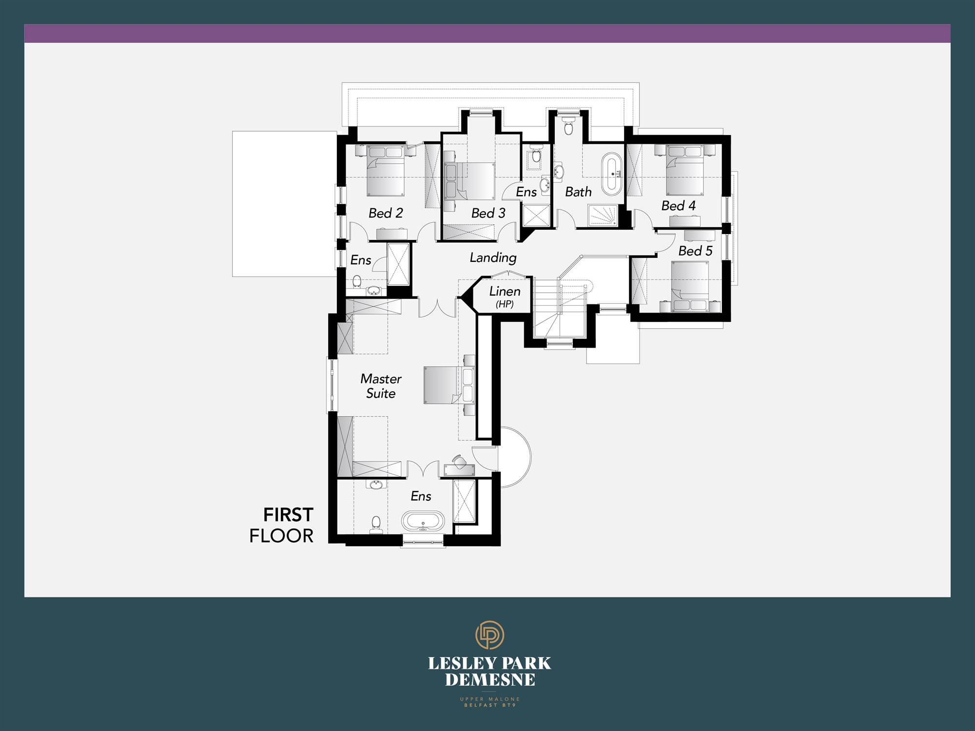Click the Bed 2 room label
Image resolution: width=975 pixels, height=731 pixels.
[x=386, y=213]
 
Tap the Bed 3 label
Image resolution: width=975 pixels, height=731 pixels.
[x=488, y=213]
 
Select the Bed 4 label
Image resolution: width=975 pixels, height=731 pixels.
[x=678, y=206]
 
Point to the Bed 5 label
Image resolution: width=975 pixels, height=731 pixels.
[x=695, y=251]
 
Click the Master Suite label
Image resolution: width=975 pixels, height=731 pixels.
[x=381, y=386]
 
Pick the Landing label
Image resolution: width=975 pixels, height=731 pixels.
[x=493, y=258]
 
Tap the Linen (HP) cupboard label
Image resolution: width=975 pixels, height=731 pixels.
[x=505, y=296]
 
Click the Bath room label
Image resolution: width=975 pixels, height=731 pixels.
[x=578, y=192]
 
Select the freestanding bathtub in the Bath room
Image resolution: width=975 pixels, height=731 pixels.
[x=612, y=174]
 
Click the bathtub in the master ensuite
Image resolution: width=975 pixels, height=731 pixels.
[x=423, y=521]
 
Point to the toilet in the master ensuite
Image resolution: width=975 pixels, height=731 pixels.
[x=376, y=524]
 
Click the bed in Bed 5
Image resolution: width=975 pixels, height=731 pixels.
[x=690, y=286]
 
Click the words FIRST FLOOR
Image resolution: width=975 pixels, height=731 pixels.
[x=281, y=525]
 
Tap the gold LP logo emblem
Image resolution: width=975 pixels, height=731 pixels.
[x=489, y=635]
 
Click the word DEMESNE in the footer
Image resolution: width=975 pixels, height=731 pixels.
[x=490, y=680]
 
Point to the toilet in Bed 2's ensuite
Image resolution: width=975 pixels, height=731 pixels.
[x=357, y=282]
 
